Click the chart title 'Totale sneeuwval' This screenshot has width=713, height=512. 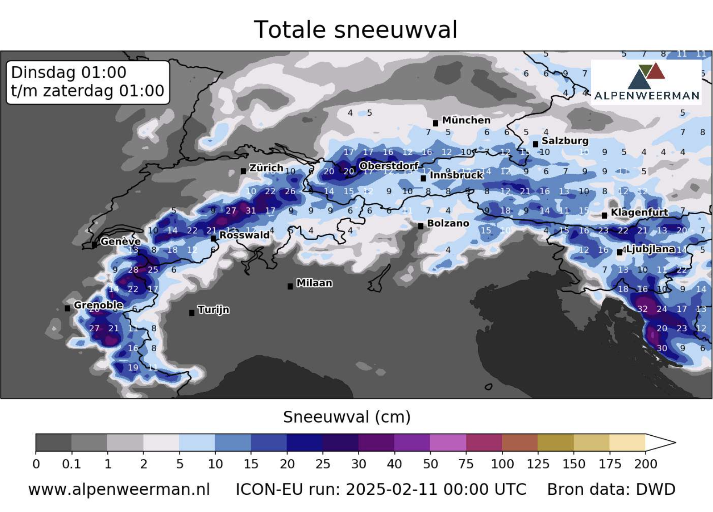pyautogui.click(x=356, y=30)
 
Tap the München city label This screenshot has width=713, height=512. pyautogui.click(x=466, y=120)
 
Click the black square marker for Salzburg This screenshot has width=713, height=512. pyautogui.click(x=535, y=144)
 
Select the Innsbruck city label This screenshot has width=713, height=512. pyautogui.click(x=456, y=175)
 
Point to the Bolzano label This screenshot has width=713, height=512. pyautogui.click(x=448, y=223)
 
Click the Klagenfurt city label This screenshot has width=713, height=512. pyautogui.click(x=639, y=212)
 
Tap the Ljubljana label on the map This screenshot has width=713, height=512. pyautogui.click(x=650, y=249)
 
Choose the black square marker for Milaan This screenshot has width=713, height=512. pyautogui.click(x=290, y=286)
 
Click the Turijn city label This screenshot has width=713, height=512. pyautogui.click(x=213, y=310)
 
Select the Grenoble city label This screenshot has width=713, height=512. pyautogui.click(x=98, y=305)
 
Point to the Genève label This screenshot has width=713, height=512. pyautogui.click(x=120, y=241)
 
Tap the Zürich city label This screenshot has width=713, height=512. pyautogui.click(x=266, y=168)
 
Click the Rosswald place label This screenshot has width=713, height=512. pyautogui.click(x=244, y=235)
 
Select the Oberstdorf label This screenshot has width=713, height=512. pyautogui.click(x=389, y=166)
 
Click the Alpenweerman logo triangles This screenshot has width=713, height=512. pyautogui.click(x=646, y=76)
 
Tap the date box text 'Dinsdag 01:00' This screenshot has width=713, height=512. pyautogui.click(x=69, y=73)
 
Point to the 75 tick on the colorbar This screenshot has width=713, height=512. pyautogui.click(x=466, y=464)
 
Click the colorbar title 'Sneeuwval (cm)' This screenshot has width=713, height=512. pyautogui.click(x=347, y=417)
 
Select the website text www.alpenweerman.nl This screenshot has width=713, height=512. pyautogui.click(x=119, y=489)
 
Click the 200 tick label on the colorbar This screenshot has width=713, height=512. pyautogui.click(x=645, y=464)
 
